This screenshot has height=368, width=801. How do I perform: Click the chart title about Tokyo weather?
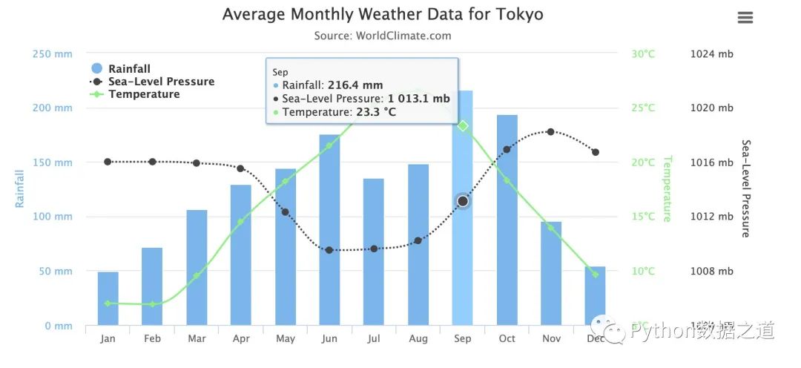click(x=383, y=15)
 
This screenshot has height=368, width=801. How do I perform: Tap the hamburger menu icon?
click(x=745, y=18)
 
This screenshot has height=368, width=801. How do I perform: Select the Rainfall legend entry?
click(x=129, y=69)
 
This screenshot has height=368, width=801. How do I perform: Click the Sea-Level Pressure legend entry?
click(x=161, y=82)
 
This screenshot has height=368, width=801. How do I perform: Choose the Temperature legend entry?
click(x=144, y=94)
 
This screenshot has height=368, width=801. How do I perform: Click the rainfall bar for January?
click(x=108, y=298)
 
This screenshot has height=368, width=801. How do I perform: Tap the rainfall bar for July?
click(x=374, y=252)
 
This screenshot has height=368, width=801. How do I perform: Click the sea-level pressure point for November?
click(x=550, y=131)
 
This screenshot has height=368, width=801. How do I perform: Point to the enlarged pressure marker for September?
click(x=463, y=201)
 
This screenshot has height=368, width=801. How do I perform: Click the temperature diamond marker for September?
click(x=463, y=126)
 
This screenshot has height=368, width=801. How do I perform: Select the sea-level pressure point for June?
click(x=329, y=250)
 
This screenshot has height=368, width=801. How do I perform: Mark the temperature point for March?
click(x=197, y=276)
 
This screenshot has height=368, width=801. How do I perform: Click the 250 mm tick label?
click(x=53, y=54)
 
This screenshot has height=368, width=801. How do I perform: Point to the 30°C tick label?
click(x=643, y=54)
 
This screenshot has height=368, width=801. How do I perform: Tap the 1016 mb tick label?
click(x=711, y=162)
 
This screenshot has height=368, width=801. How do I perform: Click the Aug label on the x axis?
click(x=418, y=339)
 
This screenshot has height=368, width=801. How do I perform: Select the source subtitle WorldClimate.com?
click(x=382, y=36)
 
